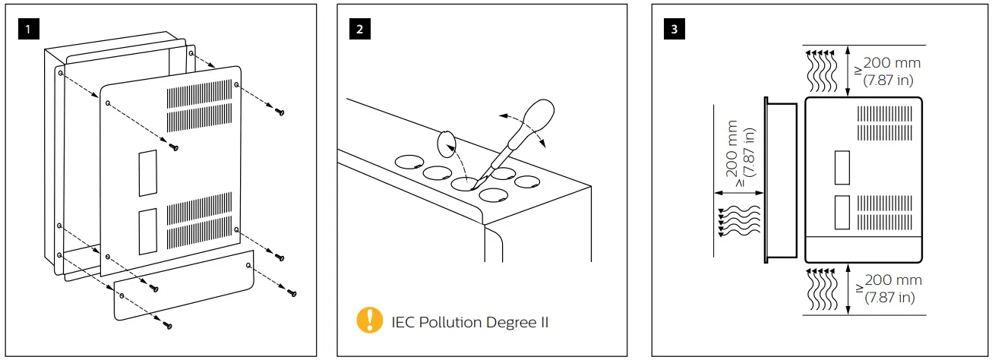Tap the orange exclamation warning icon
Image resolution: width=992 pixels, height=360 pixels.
pyautogui.click(x=370, y=321)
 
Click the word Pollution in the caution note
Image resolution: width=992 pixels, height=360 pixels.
pyautogui.click(x=456, y=322)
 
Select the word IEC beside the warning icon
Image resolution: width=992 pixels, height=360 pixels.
pyautogui.click(x=404, y=322)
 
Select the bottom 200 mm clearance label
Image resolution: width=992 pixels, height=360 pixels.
pyautogui.click(x=892, y=289)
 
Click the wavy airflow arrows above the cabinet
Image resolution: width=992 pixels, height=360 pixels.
pyautogui.click(x=820, y=68)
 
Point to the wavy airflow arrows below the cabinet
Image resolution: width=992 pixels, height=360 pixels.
pyautogui.click(x=820, y=289)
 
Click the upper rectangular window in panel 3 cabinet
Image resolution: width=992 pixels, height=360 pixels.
pyautogui.click(x=842, y=167)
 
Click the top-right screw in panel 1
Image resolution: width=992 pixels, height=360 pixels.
pyautogui.click(x=280, y=112)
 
